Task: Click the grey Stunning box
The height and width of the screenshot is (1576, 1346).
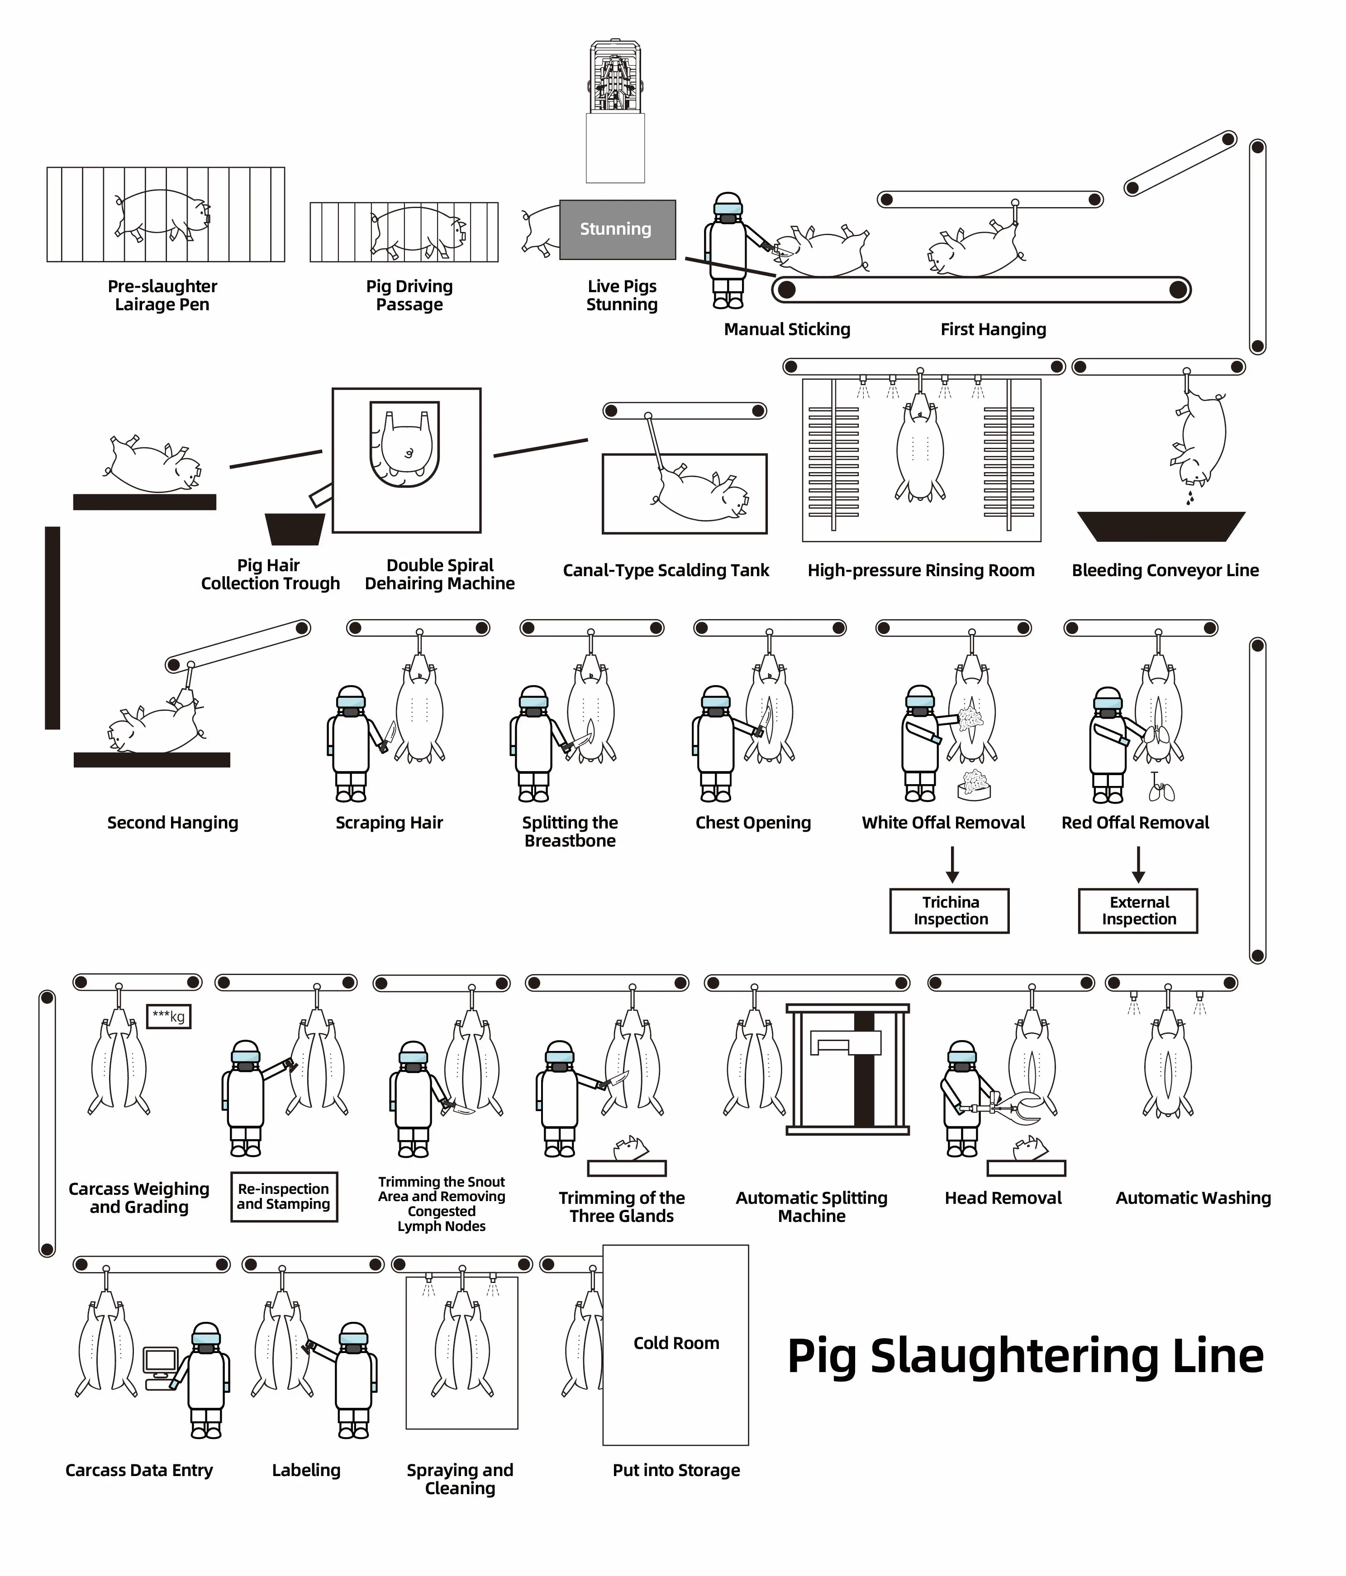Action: (x=617, y=229)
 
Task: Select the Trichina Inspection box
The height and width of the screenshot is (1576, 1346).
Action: (x=950, y=910)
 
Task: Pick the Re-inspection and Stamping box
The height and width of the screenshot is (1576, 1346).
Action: (x=284, y=1197)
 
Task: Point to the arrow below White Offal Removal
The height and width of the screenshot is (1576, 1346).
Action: (x=952, y=865)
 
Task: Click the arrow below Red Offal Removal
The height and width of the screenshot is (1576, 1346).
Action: (x=1138, y=865)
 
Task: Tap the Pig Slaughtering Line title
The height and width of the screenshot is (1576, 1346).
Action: (x=1025, y=1356)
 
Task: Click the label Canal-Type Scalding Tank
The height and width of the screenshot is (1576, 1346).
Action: (x=666, y=570)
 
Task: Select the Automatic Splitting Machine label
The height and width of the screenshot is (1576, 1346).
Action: (x=811, y=1207)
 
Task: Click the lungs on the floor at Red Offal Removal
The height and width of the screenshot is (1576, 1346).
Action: (x=1161, y=790)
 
